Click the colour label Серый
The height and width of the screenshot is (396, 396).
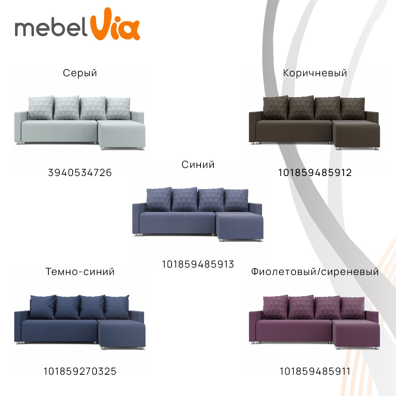tap(80, 73)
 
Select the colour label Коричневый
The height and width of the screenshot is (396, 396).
tap(315, 73)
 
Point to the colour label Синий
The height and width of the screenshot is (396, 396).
tap(198, 165)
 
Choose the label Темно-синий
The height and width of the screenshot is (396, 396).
tap(80, 272)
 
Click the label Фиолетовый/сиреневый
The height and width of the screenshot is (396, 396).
tap(315, 272)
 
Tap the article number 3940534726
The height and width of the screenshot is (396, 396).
tap(80, 173)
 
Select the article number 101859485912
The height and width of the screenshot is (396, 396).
tap(315, 173)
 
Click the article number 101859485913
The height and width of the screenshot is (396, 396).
tap(198, 264)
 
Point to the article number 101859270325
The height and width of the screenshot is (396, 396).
tap(80, 371)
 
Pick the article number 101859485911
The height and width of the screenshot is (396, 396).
tap(315, 371)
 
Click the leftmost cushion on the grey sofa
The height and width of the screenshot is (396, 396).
tap(40, 108)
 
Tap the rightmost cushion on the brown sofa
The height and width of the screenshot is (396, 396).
tap(353, 108)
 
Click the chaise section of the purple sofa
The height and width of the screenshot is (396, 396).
tap(356, 334)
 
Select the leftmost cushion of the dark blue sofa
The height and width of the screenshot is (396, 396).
tap(42, 307)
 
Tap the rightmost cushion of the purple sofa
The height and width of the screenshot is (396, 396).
tap(353, 307)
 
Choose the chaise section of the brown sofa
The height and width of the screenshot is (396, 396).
tap(356, 135)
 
